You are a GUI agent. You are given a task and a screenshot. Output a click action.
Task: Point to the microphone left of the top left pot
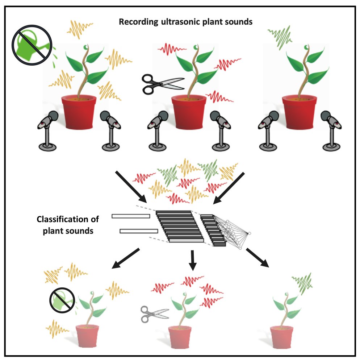(48, 130)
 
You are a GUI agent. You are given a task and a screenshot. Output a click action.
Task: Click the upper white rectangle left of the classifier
(131, 216)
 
